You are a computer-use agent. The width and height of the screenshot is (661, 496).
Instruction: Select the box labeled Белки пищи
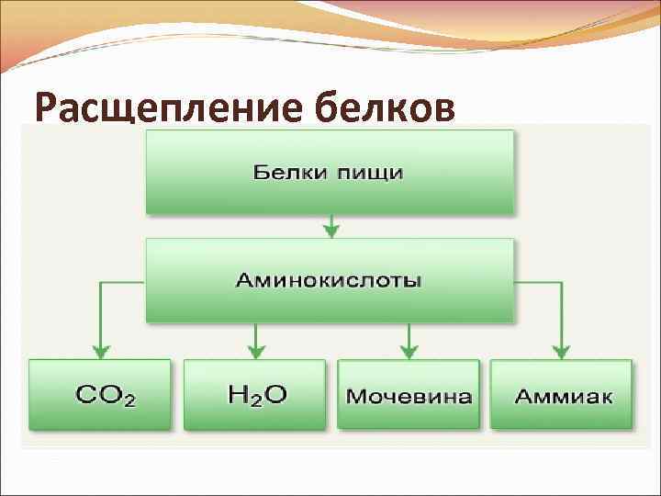tap(330, 172)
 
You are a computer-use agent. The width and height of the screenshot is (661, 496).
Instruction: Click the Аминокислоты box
tap(330, 279)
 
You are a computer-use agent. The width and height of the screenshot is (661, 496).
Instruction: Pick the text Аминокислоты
tap(330, 279)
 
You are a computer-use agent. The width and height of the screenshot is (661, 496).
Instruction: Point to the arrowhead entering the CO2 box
tap(100, 351)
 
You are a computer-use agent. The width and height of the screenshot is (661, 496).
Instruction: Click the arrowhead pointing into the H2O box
tap(256, 351)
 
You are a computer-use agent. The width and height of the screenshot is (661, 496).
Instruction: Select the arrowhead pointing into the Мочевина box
tap(409, 351)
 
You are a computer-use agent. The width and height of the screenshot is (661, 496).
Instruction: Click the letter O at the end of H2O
tap(274, 395)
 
